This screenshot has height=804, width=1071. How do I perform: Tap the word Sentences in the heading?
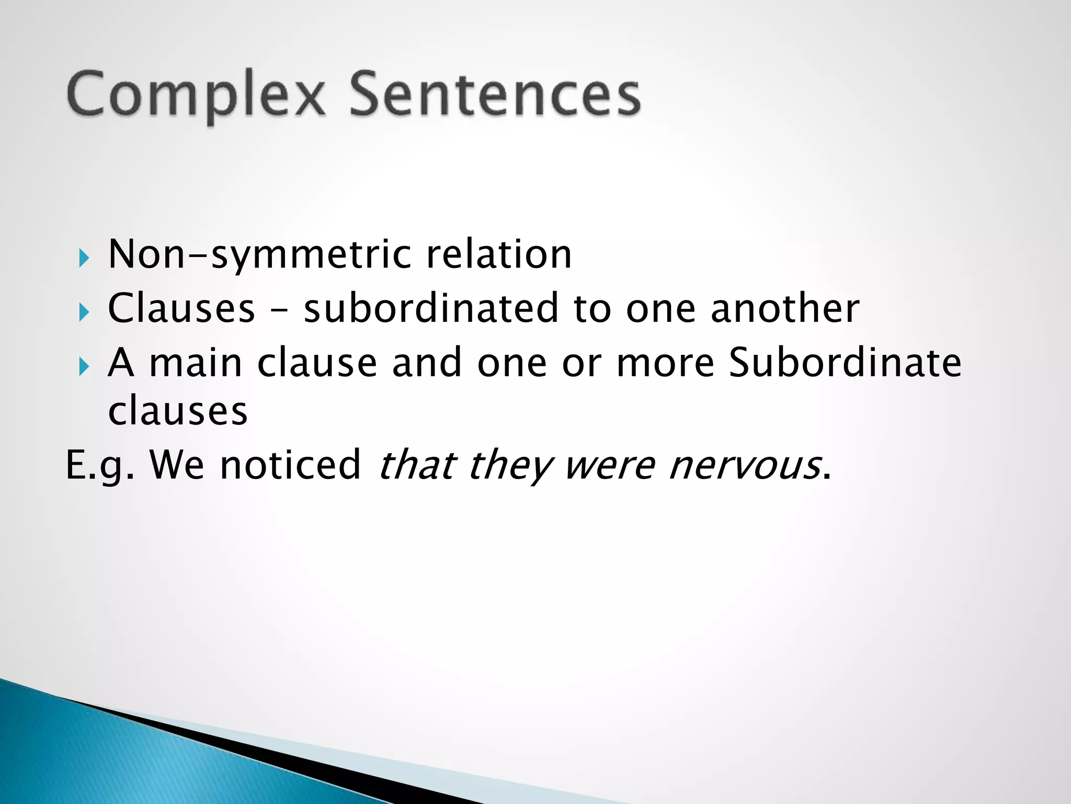click(x=495, y=94)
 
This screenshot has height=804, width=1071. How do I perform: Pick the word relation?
click(x=499, y=254)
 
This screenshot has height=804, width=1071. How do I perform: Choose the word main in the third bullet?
click(x=196, y=363)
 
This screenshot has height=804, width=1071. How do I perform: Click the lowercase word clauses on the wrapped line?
click(x=178, y=411)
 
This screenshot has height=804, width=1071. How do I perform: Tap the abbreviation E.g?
click(x=100, y=465)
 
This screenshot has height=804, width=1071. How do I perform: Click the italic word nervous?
click(x=745, y=465)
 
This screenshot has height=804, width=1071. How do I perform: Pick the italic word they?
click(x=510, y=465)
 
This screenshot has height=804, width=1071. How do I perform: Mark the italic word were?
click(x=610, y=465)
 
